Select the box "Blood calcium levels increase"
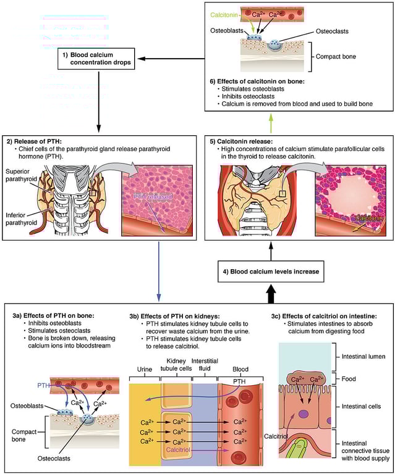coord(270,271)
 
